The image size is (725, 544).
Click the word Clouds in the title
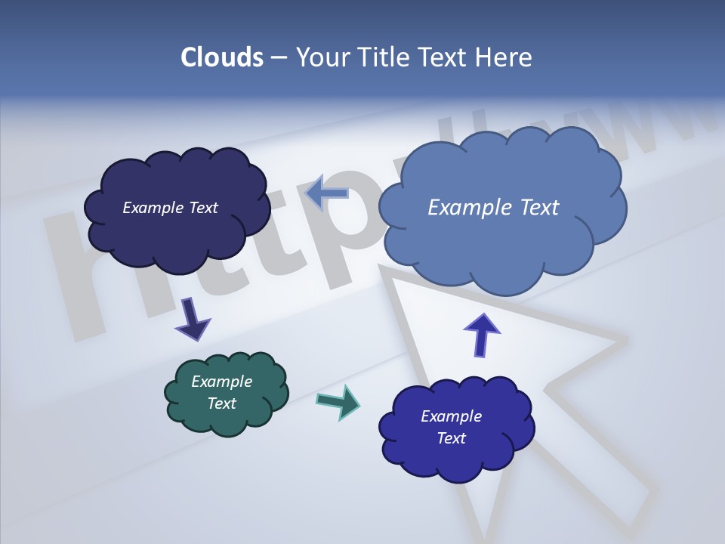[221, 57]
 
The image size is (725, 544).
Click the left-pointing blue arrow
[326, 193]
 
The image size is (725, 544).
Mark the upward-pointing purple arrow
[481, 335]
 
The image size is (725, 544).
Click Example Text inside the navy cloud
[170, 208]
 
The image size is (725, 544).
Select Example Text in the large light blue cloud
[493, 208]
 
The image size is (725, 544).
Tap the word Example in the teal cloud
[221, 382]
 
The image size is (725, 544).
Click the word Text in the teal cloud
[221, 403]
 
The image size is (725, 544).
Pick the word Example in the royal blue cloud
[451, 416]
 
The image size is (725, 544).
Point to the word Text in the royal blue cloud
[451, 438]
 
